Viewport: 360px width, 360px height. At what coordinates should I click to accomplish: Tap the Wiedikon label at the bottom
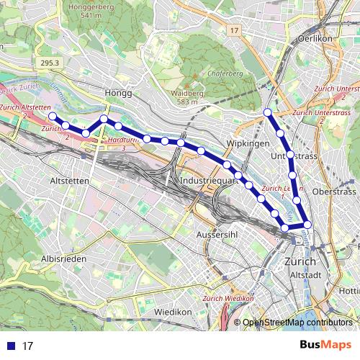coord(172,312)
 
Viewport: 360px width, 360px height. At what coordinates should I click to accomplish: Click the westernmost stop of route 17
coord(52,115)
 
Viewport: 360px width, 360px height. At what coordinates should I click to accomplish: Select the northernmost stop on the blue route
coord(268,112)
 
